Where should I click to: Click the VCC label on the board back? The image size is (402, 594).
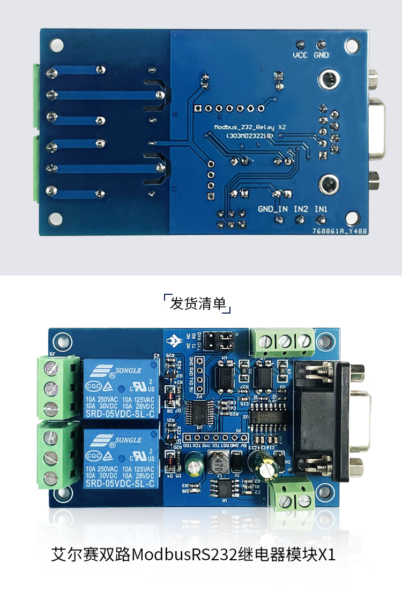(300, 55)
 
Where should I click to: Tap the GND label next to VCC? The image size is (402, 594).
(321, 55)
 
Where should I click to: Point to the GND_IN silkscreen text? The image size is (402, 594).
(272, 209)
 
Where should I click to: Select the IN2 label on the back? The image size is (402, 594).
(301, 209)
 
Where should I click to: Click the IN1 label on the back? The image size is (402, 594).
(321, 209)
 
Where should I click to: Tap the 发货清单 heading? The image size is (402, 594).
(197, 303)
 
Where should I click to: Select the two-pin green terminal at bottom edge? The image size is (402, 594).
(293, 498)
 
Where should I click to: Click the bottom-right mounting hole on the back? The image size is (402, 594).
(352, 218)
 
